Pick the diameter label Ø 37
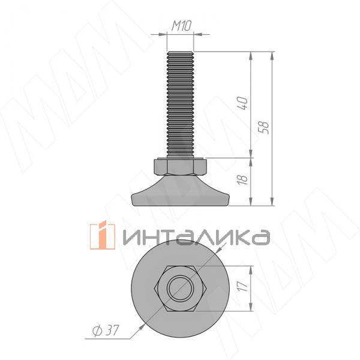tap(105, 330)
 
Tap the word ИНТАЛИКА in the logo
tap(195, 237)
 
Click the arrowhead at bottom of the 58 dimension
tap(273, 202)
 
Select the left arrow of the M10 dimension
tap(163, 35)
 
